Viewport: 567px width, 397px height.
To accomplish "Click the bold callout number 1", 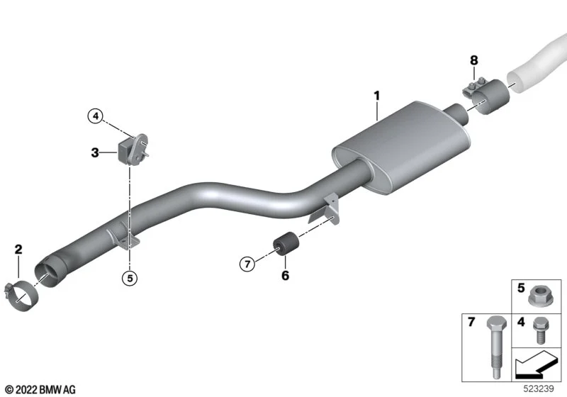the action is (377, 96).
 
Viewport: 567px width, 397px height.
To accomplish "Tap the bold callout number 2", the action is (18, 249).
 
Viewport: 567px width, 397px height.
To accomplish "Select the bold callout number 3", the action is (95, 152).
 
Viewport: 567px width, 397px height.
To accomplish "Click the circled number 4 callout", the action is (96, 116).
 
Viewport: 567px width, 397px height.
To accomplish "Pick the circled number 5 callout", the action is (130, 279).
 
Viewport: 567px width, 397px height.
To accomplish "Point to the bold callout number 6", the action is (286, 276).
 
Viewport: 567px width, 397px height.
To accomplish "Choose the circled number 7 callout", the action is (247, 264).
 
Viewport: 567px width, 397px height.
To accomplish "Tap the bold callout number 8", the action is (473, 60).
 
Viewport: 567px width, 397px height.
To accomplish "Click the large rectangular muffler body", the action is (401, 148).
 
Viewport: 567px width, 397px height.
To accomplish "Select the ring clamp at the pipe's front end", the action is (22, 296).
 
